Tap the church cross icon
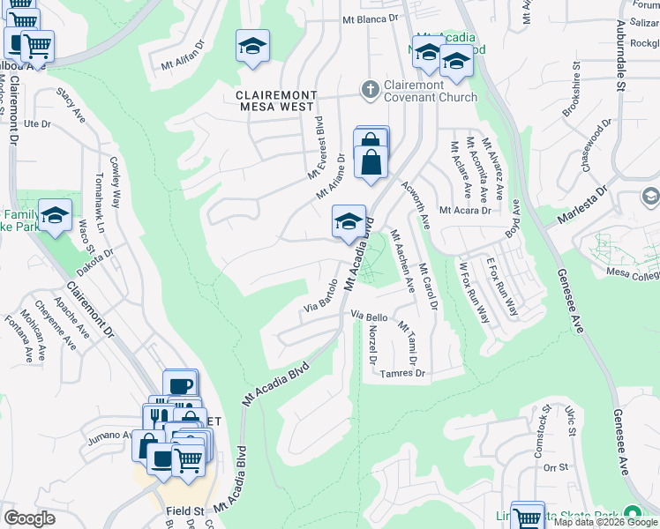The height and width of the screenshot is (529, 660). [370, 89]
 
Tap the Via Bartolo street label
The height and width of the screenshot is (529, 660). [321, 297]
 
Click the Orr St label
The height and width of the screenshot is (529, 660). [555, 467]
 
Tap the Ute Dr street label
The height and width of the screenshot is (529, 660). [38, 123]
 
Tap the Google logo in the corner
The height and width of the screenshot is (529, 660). [30, 518]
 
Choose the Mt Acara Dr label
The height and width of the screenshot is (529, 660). [464, 210]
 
